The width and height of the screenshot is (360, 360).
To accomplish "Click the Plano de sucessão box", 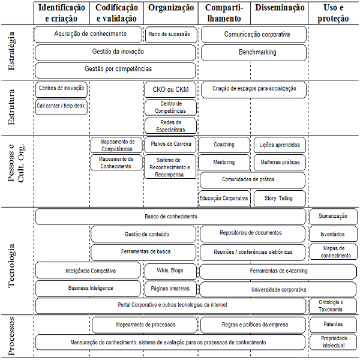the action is point(171,34).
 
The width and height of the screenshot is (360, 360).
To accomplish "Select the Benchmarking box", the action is point(254,53).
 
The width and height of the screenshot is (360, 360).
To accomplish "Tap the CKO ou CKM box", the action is point(170,89).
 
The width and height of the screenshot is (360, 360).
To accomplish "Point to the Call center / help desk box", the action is point(61,107).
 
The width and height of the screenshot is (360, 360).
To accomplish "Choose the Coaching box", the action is point(224,145).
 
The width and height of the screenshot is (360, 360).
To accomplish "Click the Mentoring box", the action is point(224,162).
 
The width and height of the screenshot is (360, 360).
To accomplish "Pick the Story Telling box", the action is point(280,198).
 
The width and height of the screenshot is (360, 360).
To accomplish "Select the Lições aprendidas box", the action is point(280,145).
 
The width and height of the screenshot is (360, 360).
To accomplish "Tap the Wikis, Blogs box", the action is point(170,271).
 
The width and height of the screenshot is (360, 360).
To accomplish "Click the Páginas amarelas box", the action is point(170,289).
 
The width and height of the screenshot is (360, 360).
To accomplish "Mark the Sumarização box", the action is point(334,216).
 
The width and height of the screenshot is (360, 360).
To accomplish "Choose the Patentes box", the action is point(334,325).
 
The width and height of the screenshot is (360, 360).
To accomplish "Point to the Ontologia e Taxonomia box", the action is point(334,306).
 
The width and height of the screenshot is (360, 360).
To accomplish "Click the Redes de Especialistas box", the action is point(170,126).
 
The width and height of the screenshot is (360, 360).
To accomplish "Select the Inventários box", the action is point(334,234).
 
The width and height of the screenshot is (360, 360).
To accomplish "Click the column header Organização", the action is point(171,8).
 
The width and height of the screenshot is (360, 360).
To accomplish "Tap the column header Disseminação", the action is point(280,8).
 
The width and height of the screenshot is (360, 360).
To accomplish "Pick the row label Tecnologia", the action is point(11,266).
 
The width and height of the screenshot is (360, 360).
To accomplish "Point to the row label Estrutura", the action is point(11,107).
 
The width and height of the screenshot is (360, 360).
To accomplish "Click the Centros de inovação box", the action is point(61,89).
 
